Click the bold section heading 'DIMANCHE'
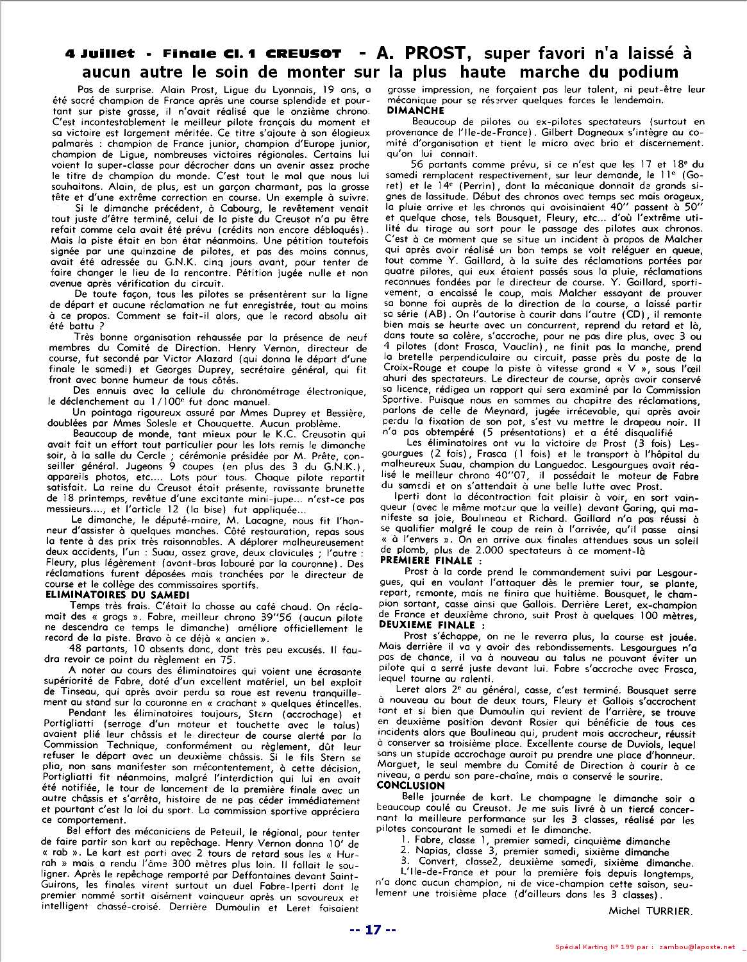point(416,111)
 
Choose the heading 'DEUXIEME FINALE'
point(432,625)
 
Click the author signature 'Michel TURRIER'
point(651,911)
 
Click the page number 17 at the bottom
point(373,930)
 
